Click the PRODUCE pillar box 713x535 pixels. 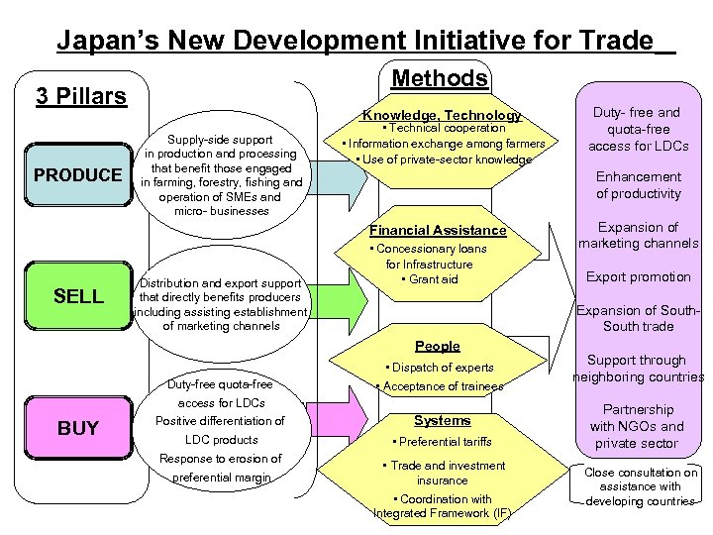tap(77, 175)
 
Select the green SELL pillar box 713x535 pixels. tap(77, 296)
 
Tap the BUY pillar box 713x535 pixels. tap(77, 428)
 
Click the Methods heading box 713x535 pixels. tap(440, 79)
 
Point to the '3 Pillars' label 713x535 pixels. tap(81, 96)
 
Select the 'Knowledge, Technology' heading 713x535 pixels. tap(441, 116)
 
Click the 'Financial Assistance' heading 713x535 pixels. tap(438, 230)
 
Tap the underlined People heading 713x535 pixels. tap(438, 346)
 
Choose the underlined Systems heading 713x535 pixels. tap(442, 420)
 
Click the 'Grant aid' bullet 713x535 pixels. tap(430, 279)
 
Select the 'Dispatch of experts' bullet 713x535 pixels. tap(442, 368)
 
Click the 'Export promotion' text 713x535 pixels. tap(639, 276)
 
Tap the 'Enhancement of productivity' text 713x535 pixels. tap(639, 185)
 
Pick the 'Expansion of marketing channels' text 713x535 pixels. tap(639, 235)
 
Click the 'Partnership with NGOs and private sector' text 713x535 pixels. tap(639, 426)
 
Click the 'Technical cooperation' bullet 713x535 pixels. tap(443, 129)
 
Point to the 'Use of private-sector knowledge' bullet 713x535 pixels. tap(443, 160)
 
